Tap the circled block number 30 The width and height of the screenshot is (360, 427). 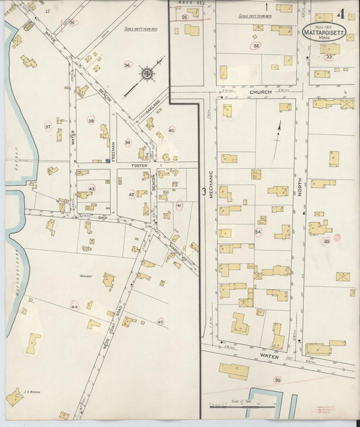(277, 380)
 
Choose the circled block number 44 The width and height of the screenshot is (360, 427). (74, 307)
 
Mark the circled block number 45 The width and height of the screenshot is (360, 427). (160, 322)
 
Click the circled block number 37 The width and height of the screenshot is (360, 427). (48, 126)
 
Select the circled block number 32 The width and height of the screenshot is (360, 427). (256, 45)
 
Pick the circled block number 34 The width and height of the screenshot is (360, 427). (257, 232)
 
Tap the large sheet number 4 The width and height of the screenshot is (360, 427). (343, 14)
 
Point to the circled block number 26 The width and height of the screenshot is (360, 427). (184, 18)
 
